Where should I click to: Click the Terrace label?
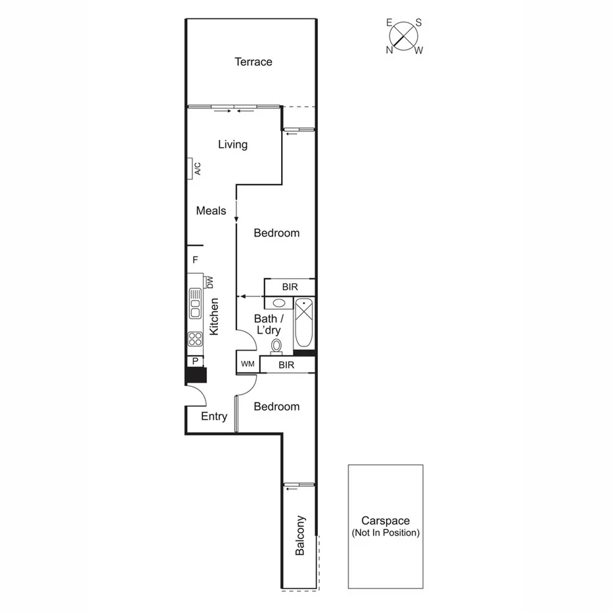coord(253,62)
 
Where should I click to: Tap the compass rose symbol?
coord(404,35)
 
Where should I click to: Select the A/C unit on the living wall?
coord(192,169)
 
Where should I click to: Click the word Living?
coord(232,144)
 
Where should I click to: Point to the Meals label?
coord(211,211)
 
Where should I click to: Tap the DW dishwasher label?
coord(210,282)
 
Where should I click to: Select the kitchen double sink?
coord(195,304)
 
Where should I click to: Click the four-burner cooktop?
coord(195,339)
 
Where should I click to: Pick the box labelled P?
coord(195,361)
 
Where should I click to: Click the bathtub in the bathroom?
coord(304,323)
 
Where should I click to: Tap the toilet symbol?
coord(276,345)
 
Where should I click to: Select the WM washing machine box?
coord(248,364)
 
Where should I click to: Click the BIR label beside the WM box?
coord(286,365)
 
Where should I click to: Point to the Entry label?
coord(214,416)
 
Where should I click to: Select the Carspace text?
coord(385,520)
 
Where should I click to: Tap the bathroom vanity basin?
coord(279,303)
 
